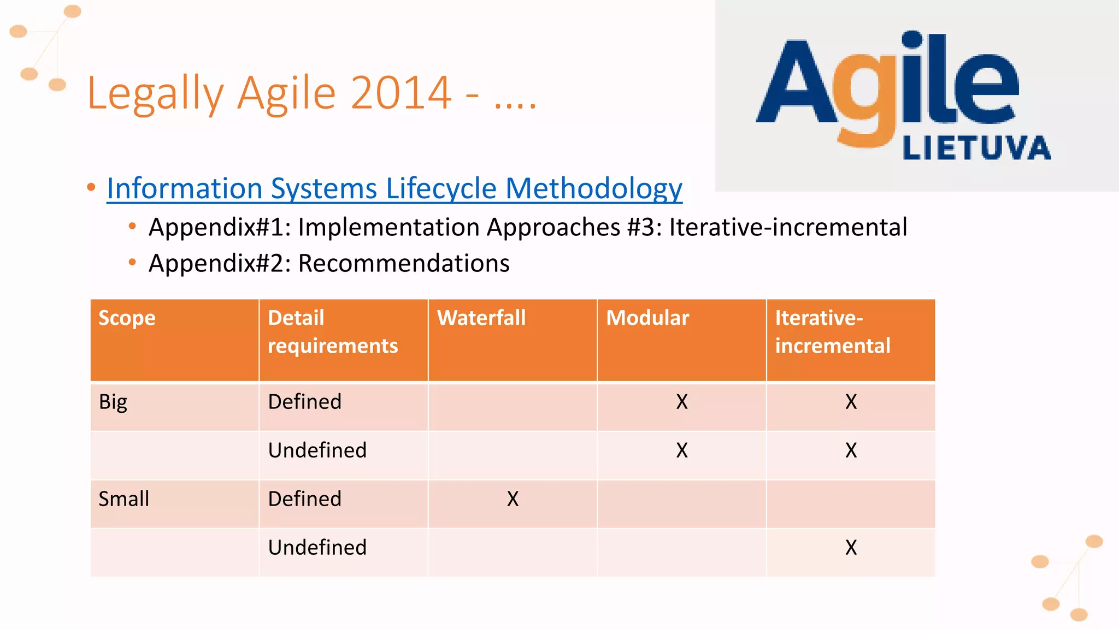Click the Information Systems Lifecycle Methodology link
click(x=394, y=189)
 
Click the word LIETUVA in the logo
click(x=976, y=149)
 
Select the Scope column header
click(x=127, y=318)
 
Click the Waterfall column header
click(x=481, y=318)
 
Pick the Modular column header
click(x=647, y=318)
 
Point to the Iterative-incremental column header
click(x=832, y=331)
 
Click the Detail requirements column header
click(x=332, y=331)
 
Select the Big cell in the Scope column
click(x=113, y=402)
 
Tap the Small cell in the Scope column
click(x=123, y=499)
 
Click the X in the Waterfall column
click(x=513, y=499)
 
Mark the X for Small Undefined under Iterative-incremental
click(x=851, y=548)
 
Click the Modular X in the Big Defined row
click(x=681, y=402)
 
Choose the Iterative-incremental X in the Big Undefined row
click(x=851, y=450)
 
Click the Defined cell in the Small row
click(x=304, y=499)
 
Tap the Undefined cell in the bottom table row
click(x=317, y=548)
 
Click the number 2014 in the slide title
click(x=401, y=93)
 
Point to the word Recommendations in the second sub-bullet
click(x=404, y=264)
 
